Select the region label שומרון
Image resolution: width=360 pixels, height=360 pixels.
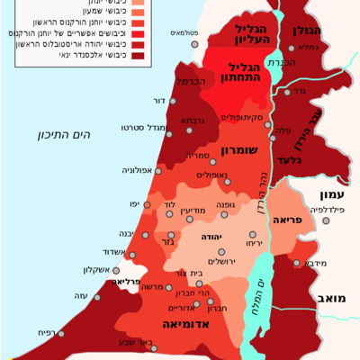click(238, 152)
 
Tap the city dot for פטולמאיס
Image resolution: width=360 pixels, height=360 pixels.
click(194, 43)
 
